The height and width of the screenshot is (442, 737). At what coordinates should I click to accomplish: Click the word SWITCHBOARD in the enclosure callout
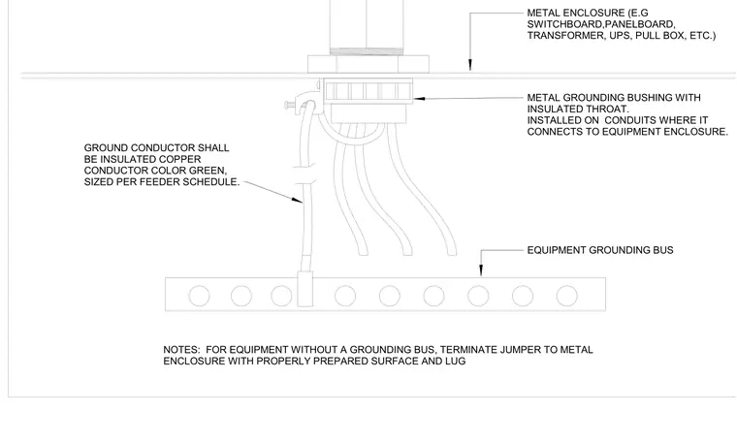565,24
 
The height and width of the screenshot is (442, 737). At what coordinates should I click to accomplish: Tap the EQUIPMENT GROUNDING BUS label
600,250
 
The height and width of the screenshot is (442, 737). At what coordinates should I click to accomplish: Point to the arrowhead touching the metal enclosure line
470,66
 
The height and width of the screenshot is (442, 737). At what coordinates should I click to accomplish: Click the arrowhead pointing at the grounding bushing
419,99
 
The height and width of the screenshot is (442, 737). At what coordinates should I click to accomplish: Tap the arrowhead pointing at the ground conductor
297,200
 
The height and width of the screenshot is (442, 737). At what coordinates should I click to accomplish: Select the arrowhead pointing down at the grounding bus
481,270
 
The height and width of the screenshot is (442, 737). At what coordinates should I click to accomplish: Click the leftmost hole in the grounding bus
200,296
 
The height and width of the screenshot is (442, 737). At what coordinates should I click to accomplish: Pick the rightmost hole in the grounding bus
567,296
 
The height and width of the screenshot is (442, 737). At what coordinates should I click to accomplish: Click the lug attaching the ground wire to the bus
305,289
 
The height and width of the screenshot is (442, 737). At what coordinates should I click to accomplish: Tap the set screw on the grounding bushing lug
292,106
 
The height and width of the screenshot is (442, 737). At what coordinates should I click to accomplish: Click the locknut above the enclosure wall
368,64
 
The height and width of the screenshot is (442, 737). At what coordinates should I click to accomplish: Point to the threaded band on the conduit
367,51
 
